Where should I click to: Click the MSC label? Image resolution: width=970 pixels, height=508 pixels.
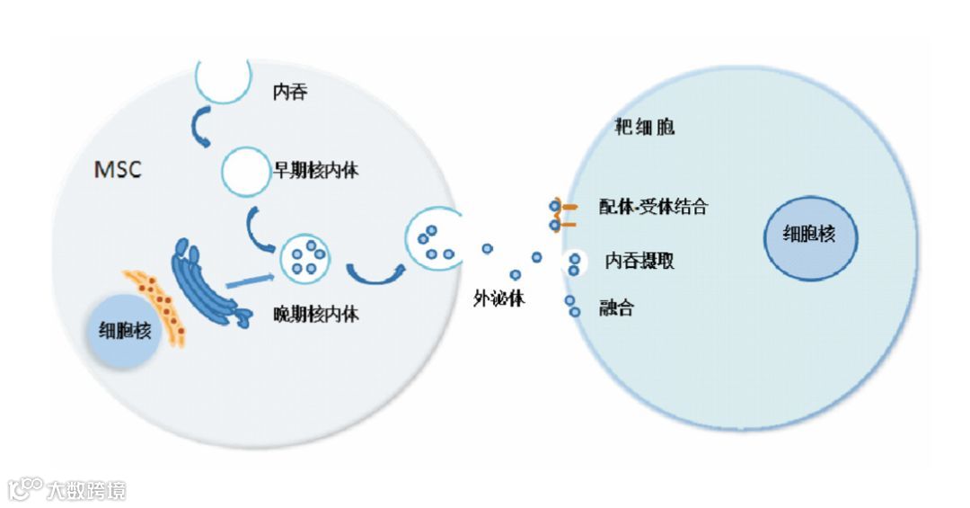pyautogui.click(x=118, y=169)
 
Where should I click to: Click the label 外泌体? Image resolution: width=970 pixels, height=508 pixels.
pyautogui.click(x=498, y=299)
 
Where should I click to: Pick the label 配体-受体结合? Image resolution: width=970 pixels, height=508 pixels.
pyautogui.click(x=653, y=207)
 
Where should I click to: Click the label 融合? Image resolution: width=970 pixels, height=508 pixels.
pyautogui.click(x=616, y=308)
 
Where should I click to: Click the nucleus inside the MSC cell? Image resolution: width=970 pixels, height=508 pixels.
pyautogui.click(x=126, y=331)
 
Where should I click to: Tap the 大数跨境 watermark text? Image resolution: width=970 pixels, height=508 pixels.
pyautogui.click(x=86, y=490)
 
